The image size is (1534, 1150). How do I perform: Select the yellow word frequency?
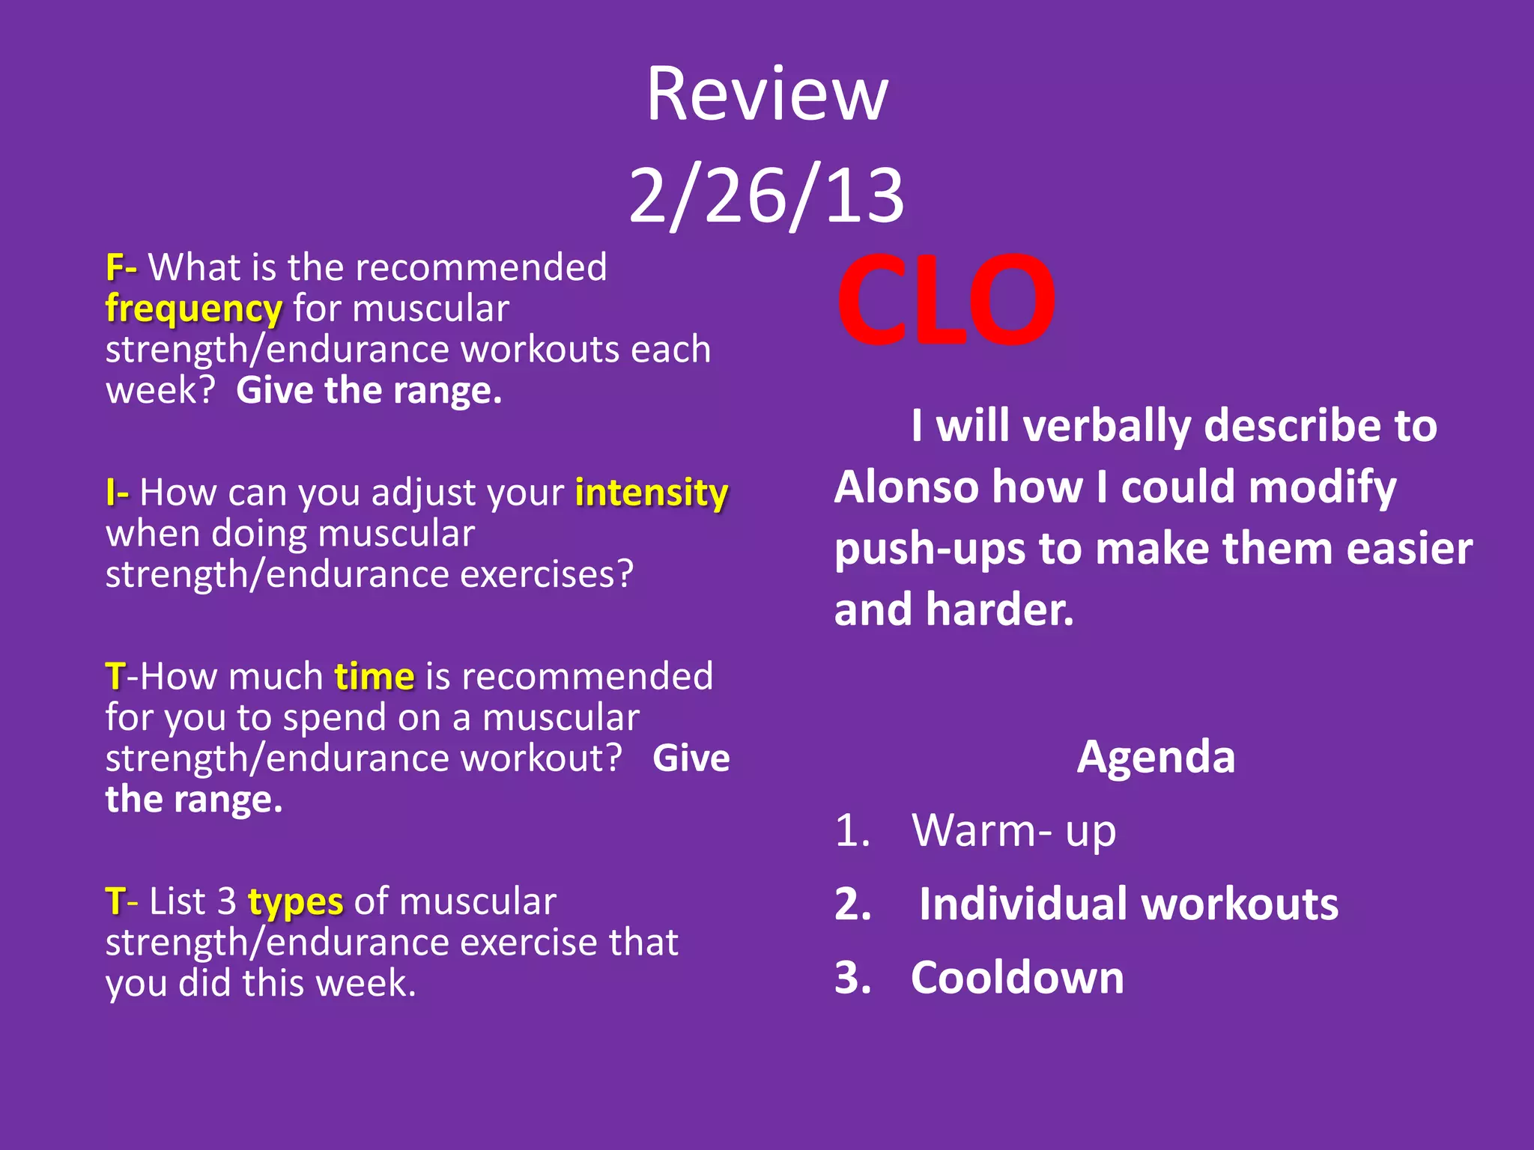193,309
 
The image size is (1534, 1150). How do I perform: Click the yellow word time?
374,677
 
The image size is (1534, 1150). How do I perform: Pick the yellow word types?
295,901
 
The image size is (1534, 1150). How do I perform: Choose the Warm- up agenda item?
1013,830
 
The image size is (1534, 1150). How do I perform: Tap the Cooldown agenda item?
1017,977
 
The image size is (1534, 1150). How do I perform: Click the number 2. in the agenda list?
853,904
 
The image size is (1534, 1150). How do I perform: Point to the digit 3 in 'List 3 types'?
227,901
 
